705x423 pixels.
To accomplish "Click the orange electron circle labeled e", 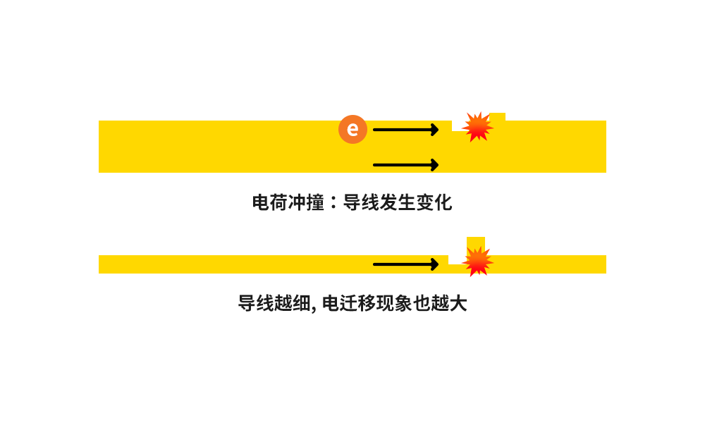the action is click(x=352, y=129).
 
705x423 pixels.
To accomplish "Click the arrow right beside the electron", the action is click(x=405, y=129).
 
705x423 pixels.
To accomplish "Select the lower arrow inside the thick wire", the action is click(x=405, y=165).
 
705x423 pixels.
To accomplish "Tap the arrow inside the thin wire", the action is click(x=405, y=264).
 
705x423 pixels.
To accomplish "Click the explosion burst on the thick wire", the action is click(x=477, y=127).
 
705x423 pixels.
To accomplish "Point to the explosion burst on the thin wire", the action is click(x=478, y=261).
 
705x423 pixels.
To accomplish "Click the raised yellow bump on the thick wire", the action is click(x=498, y=117).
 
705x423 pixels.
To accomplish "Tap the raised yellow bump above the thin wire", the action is click(x=477, y=242).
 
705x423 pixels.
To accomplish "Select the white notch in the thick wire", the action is click(x=458, y=126).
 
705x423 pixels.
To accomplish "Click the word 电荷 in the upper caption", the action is click(x=271, y=203).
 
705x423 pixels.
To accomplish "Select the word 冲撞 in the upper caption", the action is click(x=307, y=203).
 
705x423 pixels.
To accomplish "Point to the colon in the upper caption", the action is click(x=334, y=203).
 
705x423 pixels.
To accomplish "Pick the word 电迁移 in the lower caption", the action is click(x=348, y=304).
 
